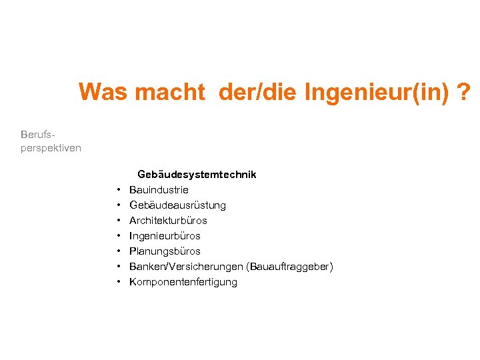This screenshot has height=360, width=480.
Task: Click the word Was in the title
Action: [103, 92]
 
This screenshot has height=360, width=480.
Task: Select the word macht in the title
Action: [169, 92]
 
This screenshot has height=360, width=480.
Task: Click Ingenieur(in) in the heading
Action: [377, 92]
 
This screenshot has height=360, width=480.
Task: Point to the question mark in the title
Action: [465, 92]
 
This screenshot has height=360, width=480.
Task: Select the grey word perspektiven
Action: [51, 148]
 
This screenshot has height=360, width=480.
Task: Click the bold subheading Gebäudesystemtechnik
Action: [197, 175]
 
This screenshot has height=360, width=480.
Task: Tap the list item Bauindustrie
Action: [159, 190]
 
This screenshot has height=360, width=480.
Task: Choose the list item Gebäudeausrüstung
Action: [177, 205]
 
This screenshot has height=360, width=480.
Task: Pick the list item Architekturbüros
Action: [168, 221]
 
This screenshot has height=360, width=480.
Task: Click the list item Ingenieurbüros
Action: [165, 236]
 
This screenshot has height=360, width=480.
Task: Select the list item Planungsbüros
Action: [165, 251]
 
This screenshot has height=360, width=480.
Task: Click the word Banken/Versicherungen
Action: [186, 267]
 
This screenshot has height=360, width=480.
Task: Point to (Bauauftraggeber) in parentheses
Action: [289, 267]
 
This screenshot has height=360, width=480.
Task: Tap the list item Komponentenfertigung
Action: [183, 282]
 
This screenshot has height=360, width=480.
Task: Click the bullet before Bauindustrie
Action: [118, 190]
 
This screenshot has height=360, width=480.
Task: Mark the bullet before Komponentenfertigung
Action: [118, 282]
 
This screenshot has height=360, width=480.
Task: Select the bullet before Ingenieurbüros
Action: [118, 236]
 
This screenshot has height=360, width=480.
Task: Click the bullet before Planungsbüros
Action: [118, 251]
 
